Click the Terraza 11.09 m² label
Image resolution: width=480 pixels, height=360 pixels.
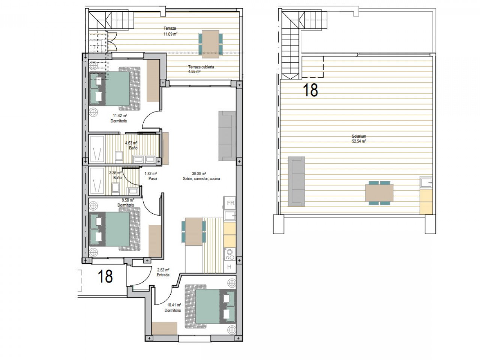tap(170, 31)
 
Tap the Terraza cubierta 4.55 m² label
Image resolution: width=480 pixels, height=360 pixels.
tap(201, 69)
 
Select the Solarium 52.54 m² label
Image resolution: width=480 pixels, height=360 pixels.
tap(358, 139)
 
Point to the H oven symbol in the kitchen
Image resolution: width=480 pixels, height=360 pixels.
tap(229, 267)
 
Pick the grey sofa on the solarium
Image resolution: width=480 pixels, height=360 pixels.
tap(296, 181)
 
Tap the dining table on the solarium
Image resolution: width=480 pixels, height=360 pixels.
tap(379, 193)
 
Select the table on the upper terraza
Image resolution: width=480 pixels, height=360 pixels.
tap(210, 42)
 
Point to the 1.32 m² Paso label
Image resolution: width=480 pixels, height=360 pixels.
tap(150, 176)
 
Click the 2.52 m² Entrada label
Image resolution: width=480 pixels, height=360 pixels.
tap(163, 272)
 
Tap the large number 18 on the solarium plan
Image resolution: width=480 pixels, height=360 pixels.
tap(310, 90)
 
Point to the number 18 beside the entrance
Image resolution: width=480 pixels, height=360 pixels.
tap(105, 276)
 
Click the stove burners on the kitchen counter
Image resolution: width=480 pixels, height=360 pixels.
tap(229, 255)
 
